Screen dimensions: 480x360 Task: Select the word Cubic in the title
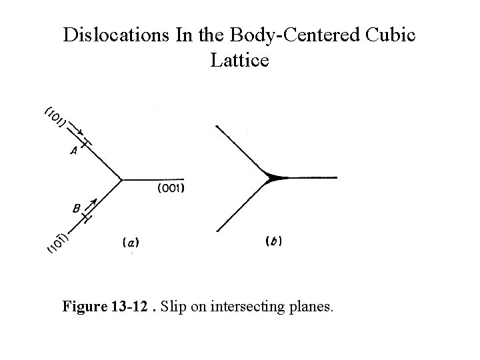coord(393,35)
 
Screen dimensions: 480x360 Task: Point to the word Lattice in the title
coord(239,61)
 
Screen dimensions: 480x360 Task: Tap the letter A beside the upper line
coord(74,151)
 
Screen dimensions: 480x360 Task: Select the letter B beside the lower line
coord(77,209)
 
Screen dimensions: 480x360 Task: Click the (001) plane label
coord(171,189)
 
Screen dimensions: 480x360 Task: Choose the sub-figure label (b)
coord(273,241)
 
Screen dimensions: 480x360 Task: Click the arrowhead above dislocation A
coord(79,133)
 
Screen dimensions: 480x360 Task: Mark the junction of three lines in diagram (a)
coord(123,179)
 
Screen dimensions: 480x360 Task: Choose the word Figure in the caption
coord(84,307)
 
